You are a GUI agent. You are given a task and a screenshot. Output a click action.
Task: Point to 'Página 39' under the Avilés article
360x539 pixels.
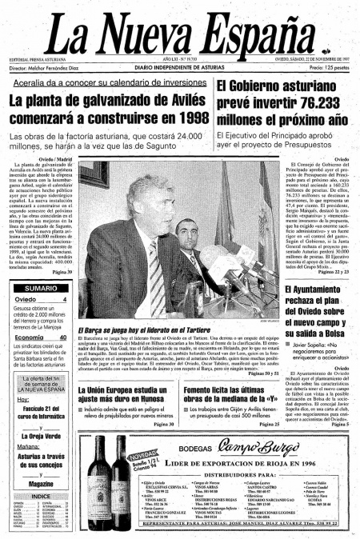[x=58, y=272]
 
